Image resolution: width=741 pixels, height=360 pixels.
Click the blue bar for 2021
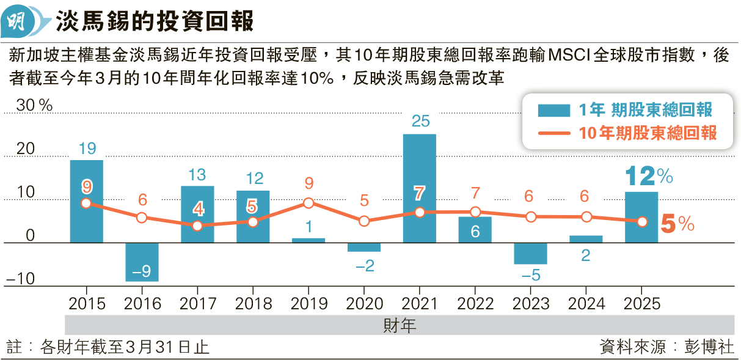pos(420,188)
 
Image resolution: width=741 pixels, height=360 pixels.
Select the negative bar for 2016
pos(142,262)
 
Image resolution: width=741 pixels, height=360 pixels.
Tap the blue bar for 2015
pos(87,201)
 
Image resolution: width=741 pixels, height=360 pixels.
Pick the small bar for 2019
pos(308,240)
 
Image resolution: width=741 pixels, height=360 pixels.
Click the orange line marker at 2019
pos(308,203)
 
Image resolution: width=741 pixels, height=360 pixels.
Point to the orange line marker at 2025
pos(642,222)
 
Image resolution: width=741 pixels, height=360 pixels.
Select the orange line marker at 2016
pos(142,218)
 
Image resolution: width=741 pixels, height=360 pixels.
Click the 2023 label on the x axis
pos(531,304)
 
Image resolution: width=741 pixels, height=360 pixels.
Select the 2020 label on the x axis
pos(364,304)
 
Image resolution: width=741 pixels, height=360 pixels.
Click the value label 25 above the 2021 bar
pos(420,121)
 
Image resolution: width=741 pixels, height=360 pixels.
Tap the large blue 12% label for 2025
pos(648,177)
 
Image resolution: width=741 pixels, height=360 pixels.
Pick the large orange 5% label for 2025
pos(677,225)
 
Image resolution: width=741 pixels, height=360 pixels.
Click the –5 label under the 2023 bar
pos(531,276)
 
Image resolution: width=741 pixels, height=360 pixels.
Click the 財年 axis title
pos(400,325)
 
